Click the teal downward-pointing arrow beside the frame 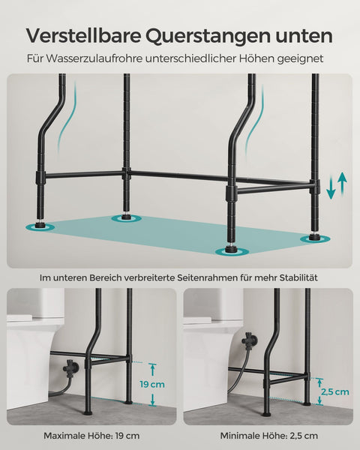coord(331,187)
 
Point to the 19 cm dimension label coord(153,384)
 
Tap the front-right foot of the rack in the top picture coord(229,251)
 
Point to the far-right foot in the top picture coord(313,238)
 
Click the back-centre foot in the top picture coord(124,218)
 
